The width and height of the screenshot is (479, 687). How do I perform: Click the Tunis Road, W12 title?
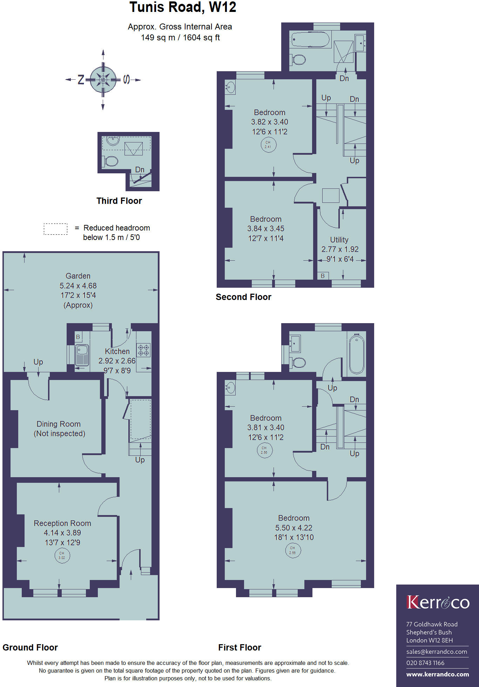coord(183,7)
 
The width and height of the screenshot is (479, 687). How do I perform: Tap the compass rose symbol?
coord(103,80)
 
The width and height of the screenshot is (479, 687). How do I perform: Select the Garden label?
coord(78,276)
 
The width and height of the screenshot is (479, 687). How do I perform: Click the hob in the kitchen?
coord(143,350)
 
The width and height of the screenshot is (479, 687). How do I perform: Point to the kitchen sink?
coord(82,355)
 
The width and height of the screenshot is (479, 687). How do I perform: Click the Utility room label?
coord(339,240)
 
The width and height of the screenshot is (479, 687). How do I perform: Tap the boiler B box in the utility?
coord(323,276)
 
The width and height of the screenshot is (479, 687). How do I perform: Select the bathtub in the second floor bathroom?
coord(311,40)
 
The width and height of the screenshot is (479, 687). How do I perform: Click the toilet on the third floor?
coord(111,161)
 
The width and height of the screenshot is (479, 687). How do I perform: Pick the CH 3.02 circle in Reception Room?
coord(62,555)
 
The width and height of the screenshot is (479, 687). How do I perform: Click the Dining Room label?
coord(59,424)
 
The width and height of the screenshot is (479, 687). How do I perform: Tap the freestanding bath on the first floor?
coord(356,354)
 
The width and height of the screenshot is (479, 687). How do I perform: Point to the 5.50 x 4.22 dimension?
coord(294,528)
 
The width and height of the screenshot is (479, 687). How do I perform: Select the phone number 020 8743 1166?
coord(425,663)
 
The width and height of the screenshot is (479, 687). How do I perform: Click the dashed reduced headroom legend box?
coord(55,229)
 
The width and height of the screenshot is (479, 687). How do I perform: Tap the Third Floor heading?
coord(119,201)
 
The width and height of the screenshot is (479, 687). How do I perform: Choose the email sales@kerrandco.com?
coord(437,652)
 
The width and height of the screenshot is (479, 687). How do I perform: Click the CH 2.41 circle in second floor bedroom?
coord(268,145)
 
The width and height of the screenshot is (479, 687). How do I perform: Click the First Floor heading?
coord(239,647)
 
